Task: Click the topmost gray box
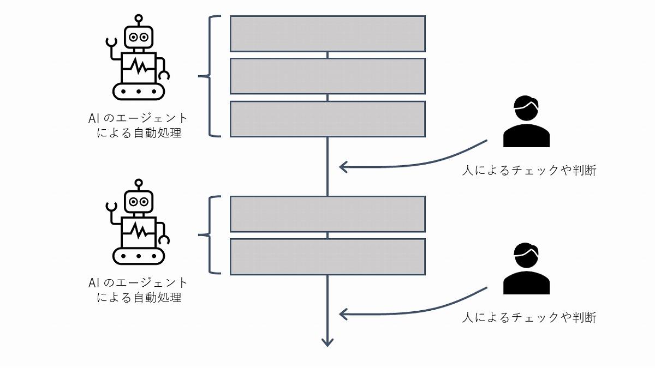pos(327,34)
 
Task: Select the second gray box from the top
pos(327,76)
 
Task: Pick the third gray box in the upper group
pos(327,119)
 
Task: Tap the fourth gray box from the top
pos(327,214)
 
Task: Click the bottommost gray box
pos(327,257)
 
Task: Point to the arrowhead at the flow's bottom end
pos(327,342)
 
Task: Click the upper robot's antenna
pos(139,20)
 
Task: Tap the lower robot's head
pos(139,202)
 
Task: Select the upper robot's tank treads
pos(139,91)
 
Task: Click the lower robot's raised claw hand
pos(111,207)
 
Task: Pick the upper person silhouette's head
pos(526,108)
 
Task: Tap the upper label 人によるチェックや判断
pos(529,171)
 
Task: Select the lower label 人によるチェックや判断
pos(529,317)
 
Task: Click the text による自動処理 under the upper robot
pos(139,132)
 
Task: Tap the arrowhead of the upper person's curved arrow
pos(343,167)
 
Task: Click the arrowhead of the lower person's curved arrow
pos(343,314)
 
